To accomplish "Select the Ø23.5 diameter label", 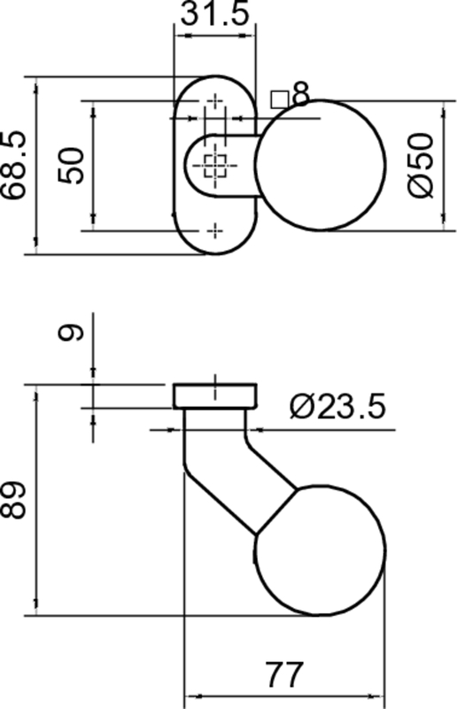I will click(x=337, y=407).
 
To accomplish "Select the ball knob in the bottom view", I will click(x=321, y=549).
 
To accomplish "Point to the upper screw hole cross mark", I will click(x=215, y=102).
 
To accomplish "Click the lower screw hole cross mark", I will click(x=215, y=230).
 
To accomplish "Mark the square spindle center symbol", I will click(x=215, y=164).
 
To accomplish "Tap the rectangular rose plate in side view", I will click(x=215, y=396).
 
